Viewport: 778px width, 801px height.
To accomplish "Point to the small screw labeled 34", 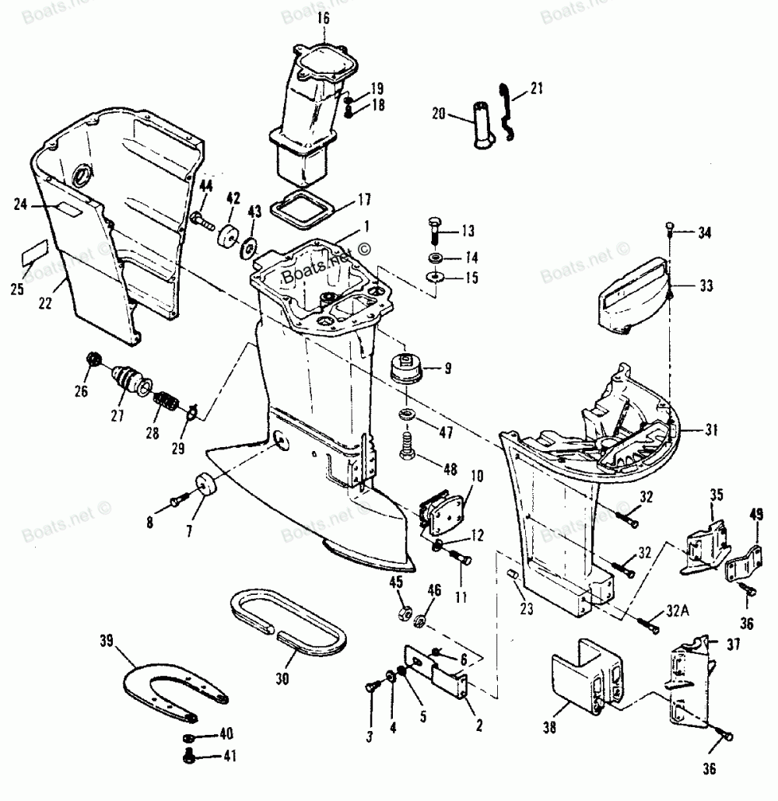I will pyautogui.click(x=670, y=229).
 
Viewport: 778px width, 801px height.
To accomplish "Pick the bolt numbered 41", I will pyautogui.click(x=190, y=754).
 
